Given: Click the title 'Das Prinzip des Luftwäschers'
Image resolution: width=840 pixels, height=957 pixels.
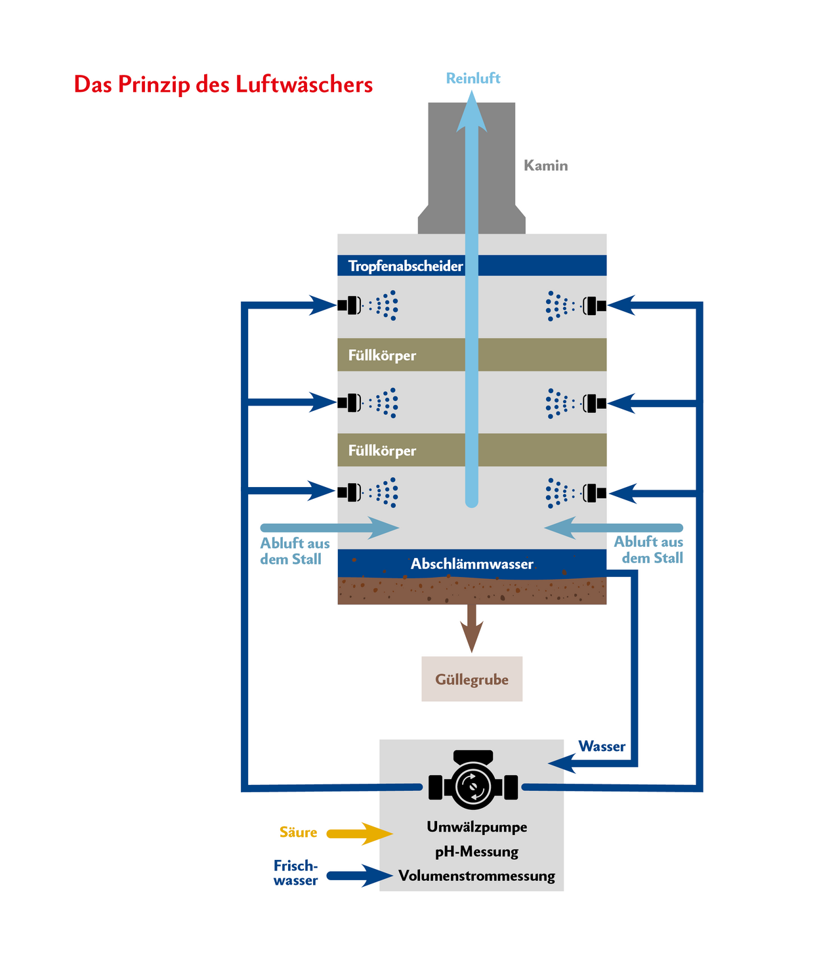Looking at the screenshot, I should pyautogui.click(x=223, y=85).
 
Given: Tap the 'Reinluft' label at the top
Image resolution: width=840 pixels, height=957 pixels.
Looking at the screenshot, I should pyautogui.click(x=472, y=78).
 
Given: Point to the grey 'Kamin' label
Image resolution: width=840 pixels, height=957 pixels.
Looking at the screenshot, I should pyautogui.click(x=545, y=165).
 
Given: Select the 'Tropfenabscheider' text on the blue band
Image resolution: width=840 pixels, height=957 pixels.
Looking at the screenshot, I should pyautogui.click(x=405, y=266).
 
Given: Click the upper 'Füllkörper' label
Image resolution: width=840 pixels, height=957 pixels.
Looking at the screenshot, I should pyautogui.click(x=382, y=355).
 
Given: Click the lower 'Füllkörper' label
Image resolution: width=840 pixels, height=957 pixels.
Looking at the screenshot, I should pyautogui.click(x=382, y=451).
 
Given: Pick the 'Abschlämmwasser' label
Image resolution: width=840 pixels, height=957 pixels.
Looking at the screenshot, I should pyautogui.click(x=472, y=564).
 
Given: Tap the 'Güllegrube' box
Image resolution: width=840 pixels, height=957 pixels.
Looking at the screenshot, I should pyautogui.click(x=472, y=679).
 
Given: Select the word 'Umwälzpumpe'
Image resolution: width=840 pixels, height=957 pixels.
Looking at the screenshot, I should pyautogui.click(x=476, y=827).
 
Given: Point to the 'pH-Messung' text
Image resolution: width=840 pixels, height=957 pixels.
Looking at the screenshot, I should pyautogui.click(x=476, y=852).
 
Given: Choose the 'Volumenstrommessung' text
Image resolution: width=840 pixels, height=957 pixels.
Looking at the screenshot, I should pyautogui.click(x=476, y=876).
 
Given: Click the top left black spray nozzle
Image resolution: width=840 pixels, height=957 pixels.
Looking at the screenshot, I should pyautogui.click(x=349, y=305).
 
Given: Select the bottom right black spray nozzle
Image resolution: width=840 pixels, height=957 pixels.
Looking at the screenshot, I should pyautogui.click(x=595, y=493).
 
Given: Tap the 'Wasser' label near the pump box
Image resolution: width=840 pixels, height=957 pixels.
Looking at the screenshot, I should pyautogui.click(x=602, y=746).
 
